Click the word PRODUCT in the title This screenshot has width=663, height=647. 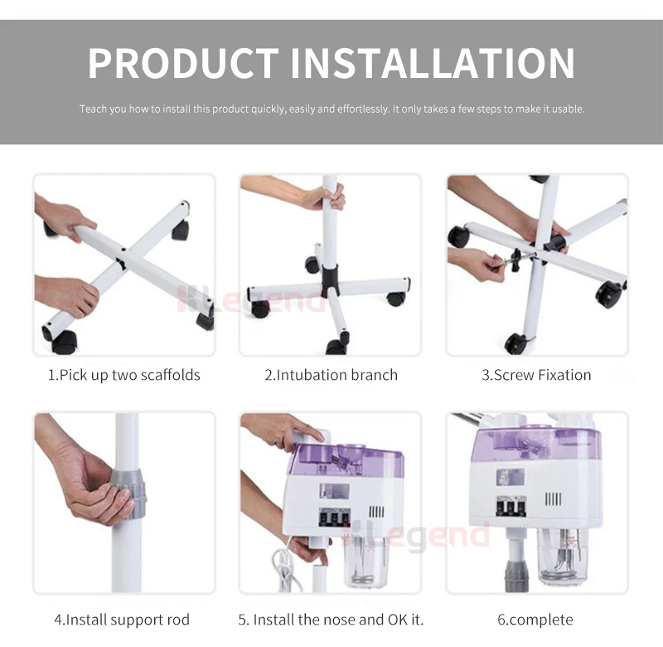pyautogui.click(x=183, y=63)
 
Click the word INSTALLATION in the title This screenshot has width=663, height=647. pyautogui.click(x=433, y=63)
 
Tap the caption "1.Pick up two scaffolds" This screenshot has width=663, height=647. pyautogui.click(x=123, y=375)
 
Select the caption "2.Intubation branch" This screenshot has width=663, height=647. pyautogui.click(x=331, y=375)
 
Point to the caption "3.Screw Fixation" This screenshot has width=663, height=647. pyautogui.click(x=536, y=375)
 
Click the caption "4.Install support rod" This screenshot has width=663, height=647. pyautogui.click(x=122, y=620)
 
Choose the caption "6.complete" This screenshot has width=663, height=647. pyautogui.click(x=535, y=620)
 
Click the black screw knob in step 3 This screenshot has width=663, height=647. pyautogui.click(x=515, y=260)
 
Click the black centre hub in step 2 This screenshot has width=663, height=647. pyautogui.click(x=330, y=280)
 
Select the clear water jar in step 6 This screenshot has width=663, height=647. pyautogui.click(x=563, y=554)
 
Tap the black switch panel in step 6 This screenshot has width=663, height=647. pyautogui.click(x=511, y=506)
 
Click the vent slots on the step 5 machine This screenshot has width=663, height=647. pyautogui.click(x=377, y=512)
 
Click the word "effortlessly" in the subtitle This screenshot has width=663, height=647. pyautogui.click(x=363, y=109)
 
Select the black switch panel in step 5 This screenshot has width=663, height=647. pyautogui.click(x=335, y=518)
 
